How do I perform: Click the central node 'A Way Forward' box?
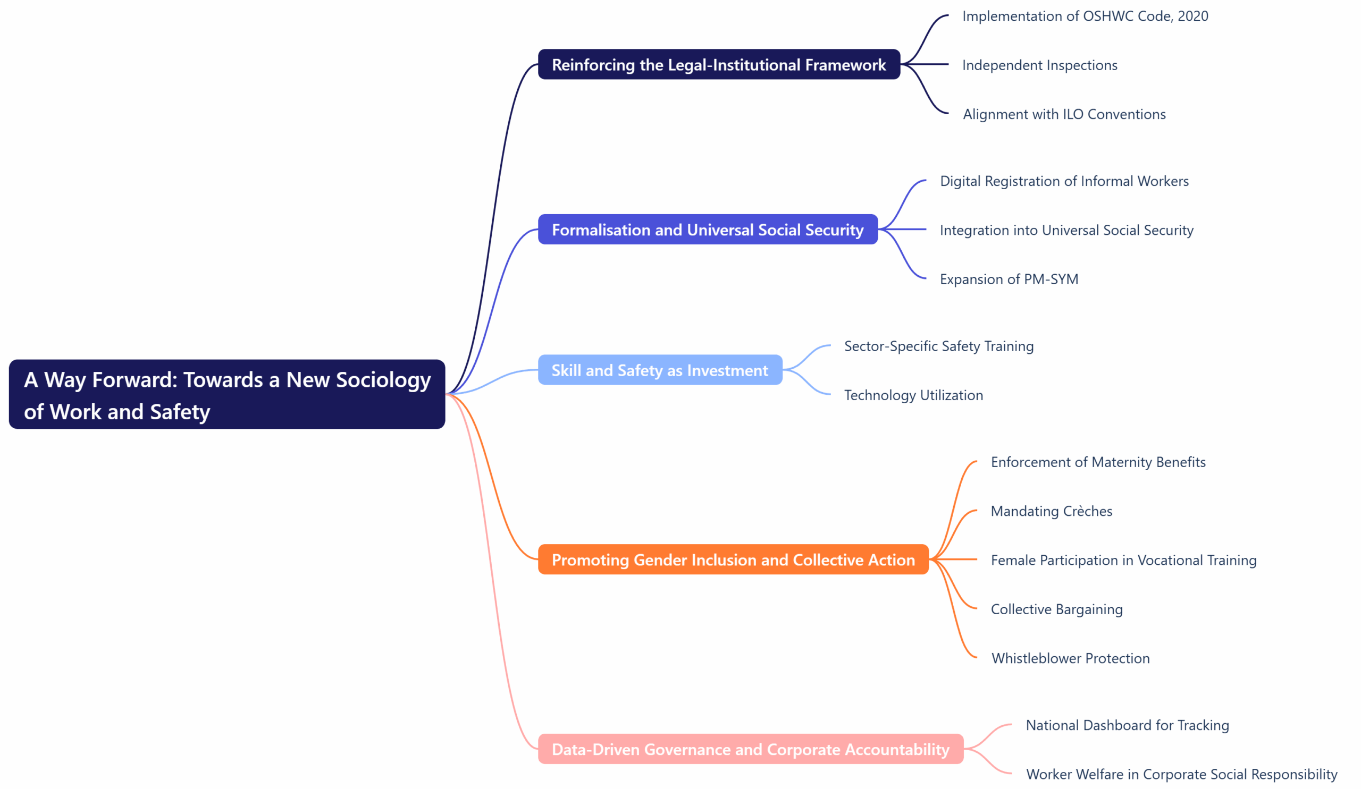pos(227,394)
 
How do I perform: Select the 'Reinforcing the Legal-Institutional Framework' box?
pos(719,65)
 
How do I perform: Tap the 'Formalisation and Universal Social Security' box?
pos(708,230)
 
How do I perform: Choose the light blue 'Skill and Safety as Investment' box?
pos(659,370)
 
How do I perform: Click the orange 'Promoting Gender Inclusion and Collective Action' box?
pos(733,559)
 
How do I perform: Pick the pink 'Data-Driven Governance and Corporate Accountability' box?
pos(750,749)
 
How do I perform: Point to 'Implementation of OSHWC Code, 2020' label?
pos(1085,16)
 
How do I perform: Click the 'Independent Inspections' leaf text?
pos(1039,65)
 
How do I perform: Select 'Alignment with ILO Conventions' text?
pos(1064,114)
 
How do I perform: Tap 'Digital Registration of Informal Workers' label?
pos(1064,181)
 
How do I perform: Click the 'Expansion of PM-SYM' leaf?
pos(1009,279)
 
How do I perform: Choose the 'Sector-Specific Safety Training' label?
pos(939,346)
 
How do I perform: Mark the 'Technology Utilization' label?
pos(913,396)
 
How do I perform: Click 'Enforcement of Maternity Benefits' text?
pos(1098,462)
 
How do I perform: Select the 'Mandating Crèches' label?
pos(1051,512)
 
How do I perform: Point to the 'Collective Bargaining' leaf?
pos(1056,610)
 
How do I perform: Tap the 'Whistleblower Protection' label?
pos(1070,659)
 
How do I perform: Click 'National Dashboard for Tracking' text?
pos(1127,726)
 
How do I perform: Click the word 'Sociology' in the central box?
pos(383,380)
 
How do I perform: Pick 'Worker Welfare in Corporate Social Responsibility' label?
pos(1181,775)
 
